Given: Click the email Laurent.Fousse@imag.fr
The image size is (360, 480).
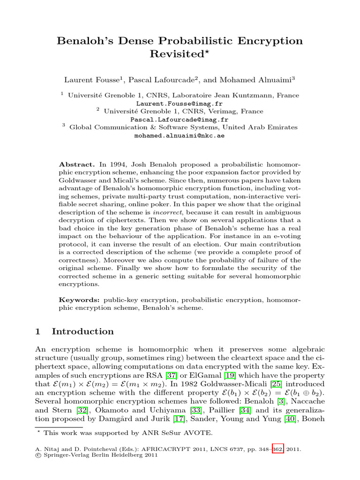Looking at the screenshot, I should (x=180, y=103).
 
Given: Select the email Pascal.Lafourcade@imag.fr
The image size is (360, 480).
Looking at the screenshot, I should (x=180, y=120).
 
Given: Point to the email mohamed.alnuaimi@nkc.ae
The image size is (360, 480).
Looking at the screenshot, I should (x=180, y=136).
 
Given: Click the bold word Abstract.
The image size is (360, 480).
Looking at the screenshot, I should (x=77, y=165).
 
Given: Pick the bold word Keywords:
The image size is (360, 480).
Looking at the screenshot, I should (x=79, y=299).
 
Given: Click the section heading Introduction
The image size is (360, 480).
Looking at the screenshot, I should (x=82, y=332).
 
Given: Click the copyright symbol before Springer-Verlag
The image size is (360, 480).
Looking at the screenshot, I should (x=38, y=455).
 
